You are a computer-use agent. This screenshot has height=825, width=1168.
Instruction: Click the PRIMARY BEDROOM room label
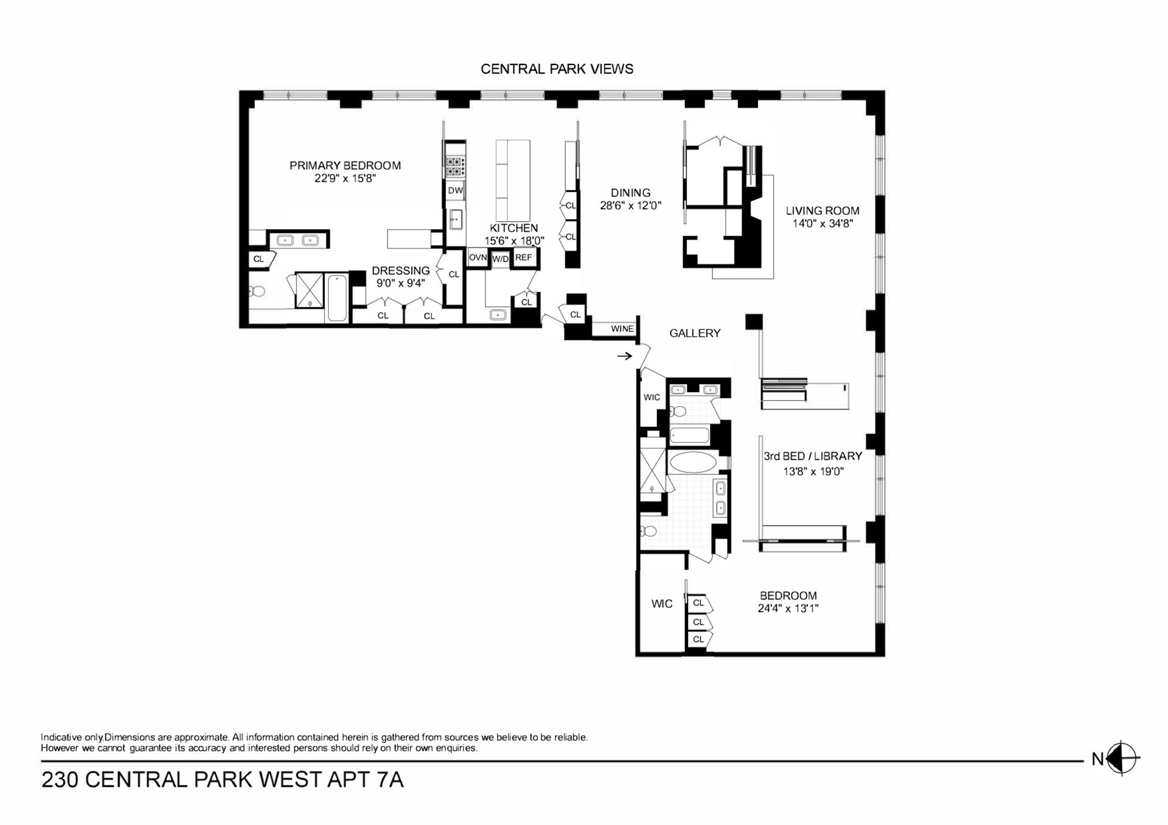click(345, 165)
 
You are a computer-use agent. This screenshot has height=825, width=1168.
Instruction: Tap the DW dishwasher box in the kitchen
click(455, 190)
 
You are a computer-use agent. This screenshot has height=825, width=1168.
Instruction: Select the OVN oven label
click(478, 258)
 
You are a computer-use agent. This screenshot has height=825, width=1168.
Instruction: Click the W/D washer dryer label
click(500, 259)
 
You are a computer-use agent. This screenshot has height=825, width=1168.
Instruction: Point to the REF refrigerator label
click(523, 258)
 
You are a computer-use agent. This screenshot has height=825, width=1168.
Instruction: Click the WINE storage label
click(622, 329)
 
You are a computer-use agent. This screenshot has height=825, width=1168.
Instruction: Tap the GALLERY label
click(695, 333)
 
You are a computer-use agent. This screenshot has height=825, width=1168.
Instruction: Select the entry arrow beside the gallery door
click(625, 356)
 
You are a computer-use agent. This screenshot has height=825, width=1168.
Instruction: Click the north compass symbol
click(1121, 759)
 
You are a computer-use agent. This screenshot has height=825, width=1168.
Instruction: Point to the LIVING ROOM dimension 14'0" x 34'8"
click(822, 224)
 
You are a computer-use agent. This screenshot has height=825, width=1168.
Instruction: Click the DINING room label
click(630, 193)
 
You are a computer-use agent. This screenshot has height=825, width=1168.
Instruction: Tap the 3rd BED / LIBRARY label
click(813, 456)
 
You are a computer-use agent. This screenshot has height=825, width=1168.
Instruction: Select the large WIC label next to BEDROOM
click(662, 604)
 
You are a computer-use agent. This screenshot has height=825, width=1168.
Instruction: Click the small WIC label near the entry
click(652, 398)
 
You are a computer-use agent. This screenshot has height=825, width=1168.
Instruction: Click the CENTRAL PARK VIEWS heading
click(557, 69)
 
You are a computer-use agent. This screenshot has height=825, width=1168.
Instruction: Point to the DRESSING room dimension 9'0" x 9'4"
click(400, 283)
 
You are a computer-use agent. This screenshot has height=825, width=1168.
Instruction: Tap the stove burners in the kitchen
click(456, 166)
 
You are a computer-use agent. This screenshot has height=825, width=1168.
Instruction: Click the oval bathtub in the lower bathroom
click(693, 462)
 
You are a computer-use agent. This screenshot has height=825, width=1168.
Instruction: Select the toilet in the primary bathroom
click(258, 292)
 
